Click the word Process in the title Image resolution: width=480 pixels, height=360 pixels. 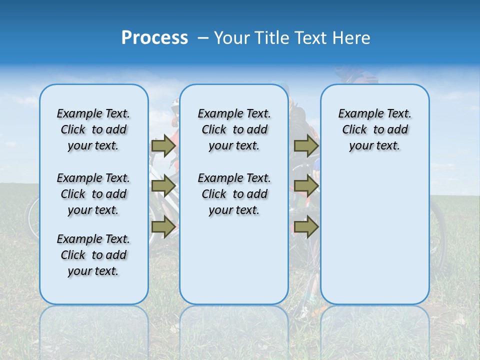coord(154,37)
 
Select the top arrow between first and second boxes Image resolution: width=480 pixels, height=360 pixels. coord(163,145)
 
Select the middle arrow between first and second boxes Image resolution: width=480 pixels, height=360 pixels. coord(163,186)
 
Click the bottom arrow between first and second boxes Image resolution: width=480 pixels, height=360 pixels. coord(163,227)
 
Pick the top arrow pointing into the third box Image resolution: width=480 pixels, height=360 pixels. coord(306,145)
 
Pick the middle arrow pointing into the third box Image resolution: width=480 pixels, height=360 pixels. coord(306,186)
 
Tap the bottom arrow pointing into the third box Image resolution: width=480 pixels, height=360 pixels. coord(306,227)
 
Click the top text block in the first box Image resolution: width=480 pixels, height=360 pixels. coord(93,129)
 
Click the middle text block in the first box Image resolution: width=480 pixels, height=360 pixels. coord(93,194)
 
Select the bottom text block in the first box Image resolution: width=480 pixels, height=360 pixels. coord(93,255)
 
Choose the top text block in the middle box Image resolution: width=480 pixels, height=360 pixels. coord(234,129)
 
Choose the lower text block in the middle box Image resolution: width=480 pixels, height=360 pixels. coord(234,194)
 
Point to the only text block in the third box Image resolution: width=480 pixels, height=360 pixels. coord(374,129)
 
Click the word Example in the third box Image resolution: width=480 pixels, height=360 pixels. coord(356,114)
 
